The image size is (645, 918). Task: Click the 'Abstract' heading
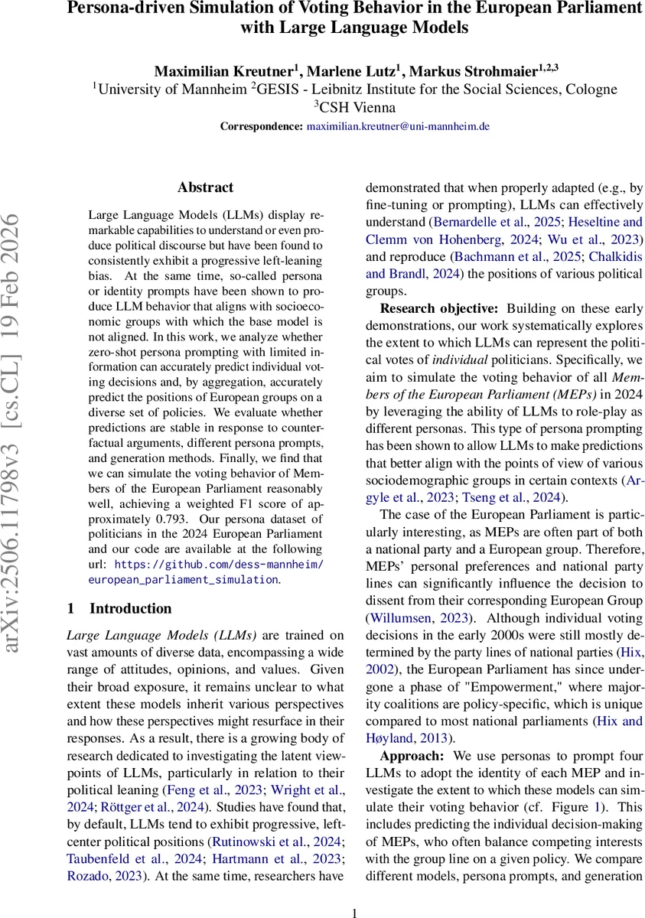tap(205, 187)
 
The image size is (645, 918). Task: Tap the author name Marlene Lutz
tap(351, 71)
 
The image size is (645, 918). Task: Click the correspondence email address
tap(398, 126)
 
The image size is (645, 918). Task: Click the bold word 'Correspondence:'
tap(262, 126)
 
